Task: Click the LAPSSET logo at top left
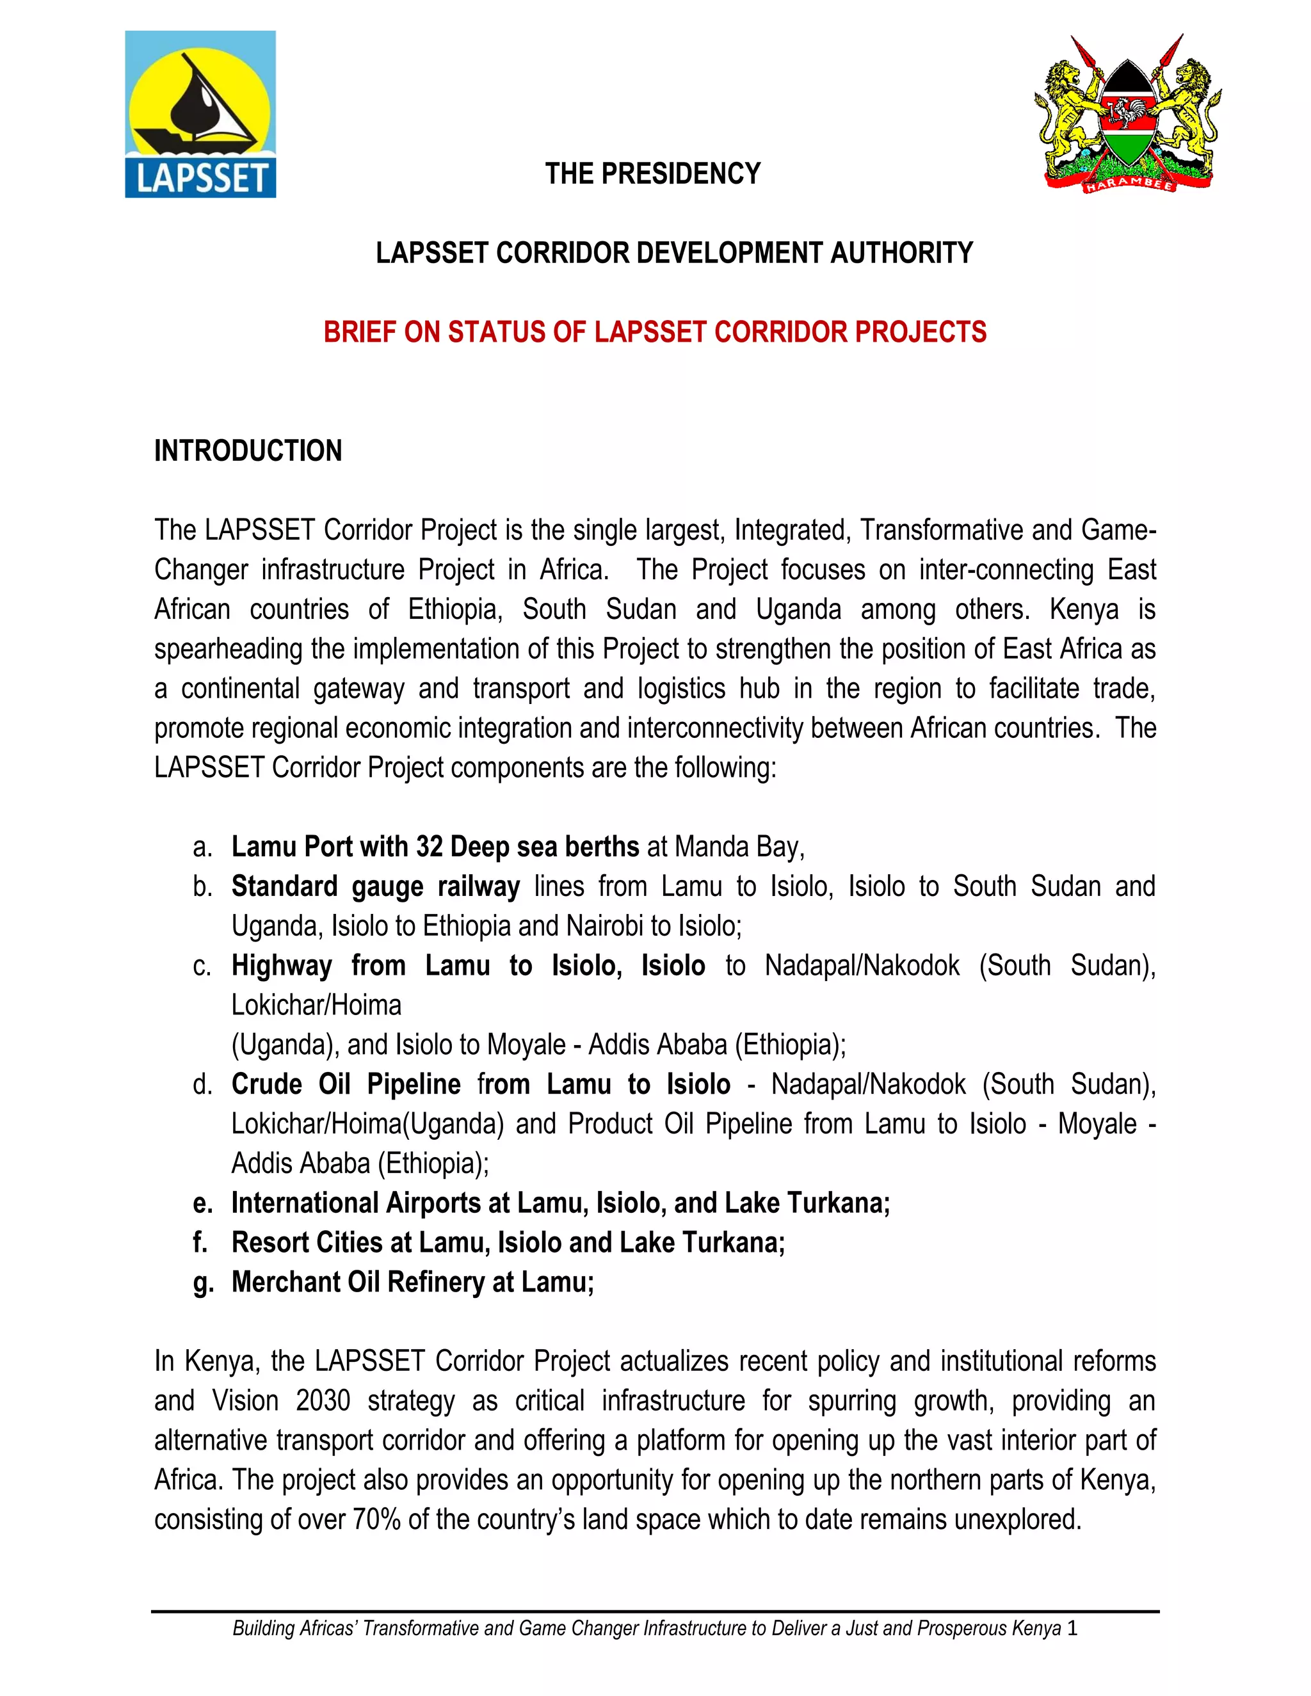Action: [200, 114]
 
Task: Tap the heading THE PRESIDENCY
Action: [652, 174]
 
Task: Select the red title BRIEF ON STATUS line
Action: [655, 332]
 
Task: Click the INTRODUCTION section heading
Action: [248, 451]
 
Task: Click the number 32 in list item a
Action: [430, 847]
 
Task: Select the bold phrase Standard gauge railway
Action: [375, 886]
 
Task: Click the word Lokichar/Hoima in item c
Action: [316, 1005]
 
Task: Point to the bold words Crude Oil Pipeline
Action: [346, 1084]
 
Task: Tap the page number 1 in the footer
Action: [1073, 1628]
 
